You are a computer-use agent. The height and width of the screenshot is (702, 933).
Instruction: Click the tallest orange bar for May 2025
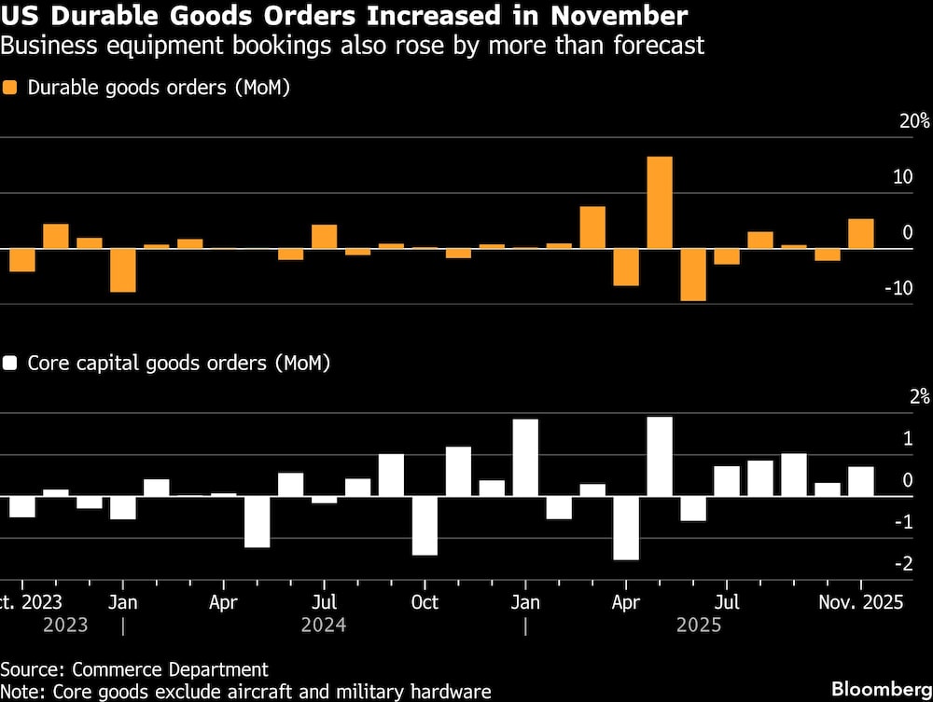(x=660, y=202)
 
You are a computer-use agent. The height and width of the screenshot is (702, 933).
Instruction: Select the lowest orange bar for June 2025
(x=693, y=274)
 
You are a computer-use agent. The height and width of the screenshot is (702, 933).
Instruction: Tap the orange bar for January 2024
(x=122, y=270)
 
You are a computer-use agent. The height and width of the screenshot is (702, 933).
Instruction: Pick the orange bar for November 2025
(x=860, y=234)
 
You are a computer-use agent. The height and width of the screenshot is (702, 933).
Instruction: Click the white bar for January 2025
(x=525, y=457)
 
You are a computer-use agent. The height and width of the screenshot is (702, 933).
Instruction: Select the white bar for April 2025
(x=626, y=528)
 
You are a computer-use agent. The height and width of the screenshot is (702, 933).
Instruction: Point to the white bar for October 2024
(x=425, y=525)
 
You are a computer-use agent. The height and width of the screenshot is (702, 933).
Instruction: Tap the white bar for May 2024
(x=257, y=521)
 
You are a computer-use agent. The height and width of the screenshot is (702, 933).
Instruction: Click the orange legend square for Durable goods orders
(x=11, y=89)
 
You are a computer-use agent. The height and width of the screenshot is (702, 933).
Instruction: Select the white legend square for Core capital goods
(x=11, y=363)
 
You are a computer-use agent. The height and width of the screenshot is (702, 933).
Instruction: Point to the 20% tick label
(x=913, y=121)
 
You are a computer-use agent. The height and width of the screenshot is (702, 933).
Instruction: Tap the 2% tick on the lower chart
(x=919, y=396)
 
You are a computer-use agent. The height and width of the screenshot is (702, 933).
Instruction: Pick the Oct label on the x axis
(x=425, y=602)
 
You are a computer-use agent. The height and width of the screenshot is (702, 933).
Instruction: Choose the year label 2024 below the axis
(x=324, y=625)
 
